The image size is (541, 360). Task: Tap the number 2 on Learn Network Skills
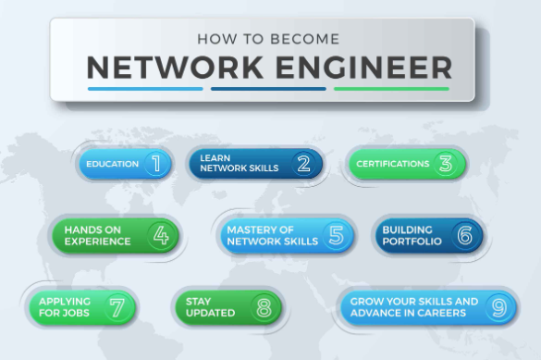tap(303, 165)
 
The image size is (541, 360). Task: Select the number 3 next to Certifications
tap(445, 165)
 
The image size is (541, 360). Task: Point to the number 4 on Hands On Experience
tap(161, 235)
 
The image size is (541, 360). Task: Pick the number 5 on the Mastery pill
tap(336, 235)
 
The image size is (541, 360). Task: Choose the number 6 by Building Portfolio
tap(464, 235)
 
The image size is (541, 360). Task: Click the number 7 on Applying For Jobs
tap(117, 307)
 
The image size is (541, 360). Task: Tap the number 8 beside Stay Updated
tap(264, 307)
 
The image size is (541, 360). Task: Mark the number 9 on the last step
tap(497, 307)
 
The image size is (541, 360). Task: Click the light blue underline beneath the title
tap(145, 90)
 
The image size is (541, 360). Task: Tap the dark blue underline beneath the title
tap(268, 90)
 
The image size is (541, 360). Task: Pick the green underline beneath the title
tap(391, 90)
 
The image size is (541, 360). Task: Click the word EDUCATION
tap(112, 165)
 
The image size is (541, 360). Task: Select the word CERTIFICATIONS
tap(392, 165)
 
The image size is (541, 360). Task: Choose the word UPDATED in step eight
tap(210, 314)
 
